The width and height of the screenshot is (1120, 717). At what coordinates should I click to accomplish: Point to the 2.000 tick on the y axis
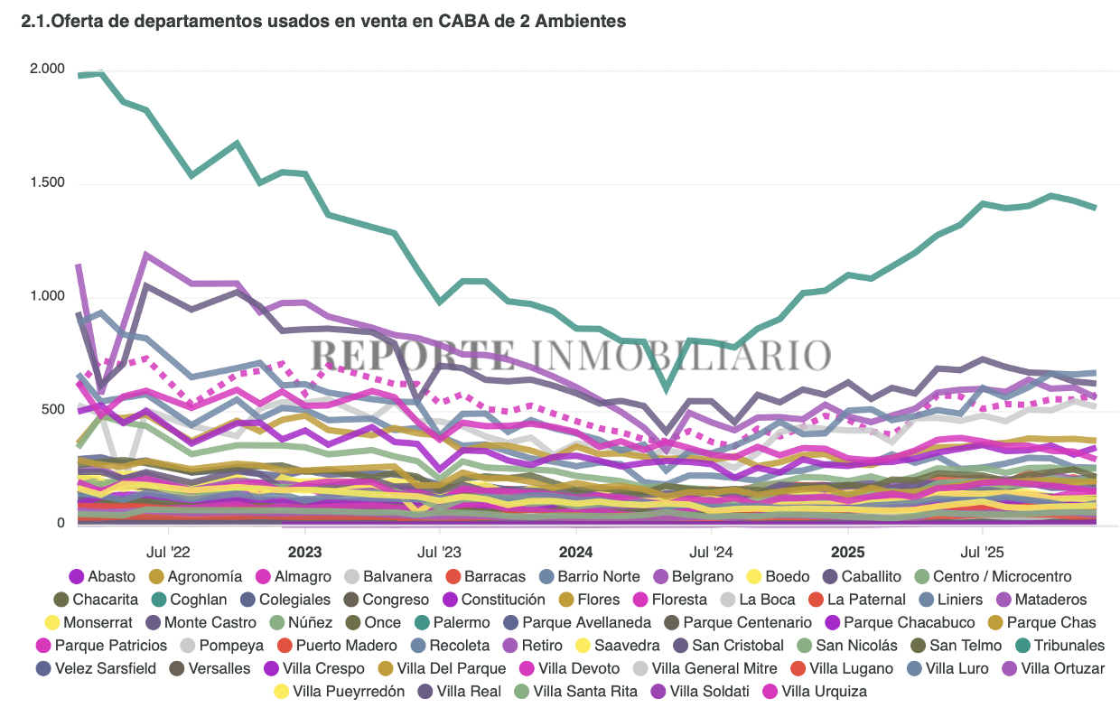(x=47, y=70)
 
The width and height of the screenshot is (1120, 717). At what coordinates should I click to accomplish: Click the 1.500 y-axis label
(x=47, y=183)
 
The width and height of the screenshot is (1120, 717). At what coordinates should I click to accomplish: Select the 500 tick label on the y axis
(x=53, y=410)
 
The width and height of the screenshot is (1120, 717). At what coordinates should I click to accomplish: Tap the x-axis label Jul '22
(x=169, y=552)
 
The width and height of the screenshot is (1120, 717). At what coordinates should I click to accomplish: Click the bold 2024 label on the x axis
(x=575, y=552)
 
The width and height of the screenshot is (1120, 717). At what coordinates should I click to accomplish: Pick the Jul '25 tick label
(x=983, y=552)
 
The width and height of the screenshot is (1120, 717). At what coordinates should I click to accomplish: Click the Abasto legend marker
(x=77, y=576)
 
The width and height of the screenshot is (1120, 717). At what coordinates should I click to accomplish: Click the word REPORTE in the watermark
(x=413, y=355)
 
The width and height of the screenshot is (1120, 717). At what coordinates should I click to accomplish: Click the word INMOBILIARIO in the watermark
(x=679, y=355)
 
